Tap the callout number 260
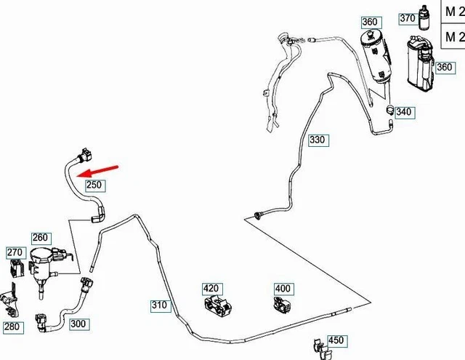41,238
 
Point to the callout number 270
15,253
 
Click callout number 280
12,327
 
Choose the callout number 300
78,324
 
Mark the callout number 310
159,305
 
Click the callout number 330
318,140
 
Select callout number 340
404,112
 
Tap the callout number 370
427,18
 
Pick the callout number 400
283,289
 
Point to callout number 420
212,289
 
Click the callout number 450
336,340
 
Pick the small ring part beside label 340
389,111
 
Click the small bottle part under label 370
425,37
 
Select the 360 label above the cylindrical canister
370,23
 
